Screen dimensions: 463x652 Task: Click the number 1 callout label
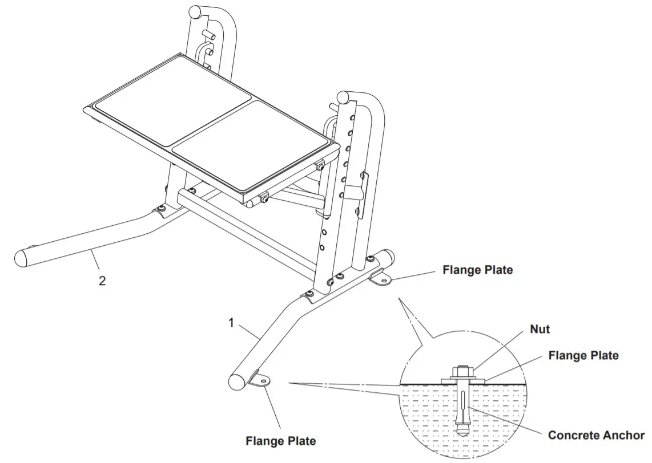(231, 323)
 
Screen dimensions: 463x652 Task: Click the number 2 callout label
(102, 281)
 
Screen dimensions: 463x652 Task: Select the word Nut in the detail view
(540, 329)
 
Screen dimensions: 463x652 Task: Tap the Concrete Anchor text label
(596, 435)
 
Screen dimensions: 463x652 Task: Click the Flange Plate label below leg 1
(280, 441)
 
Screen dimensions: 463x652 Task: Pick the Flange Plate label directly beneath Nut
(583, 355)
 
